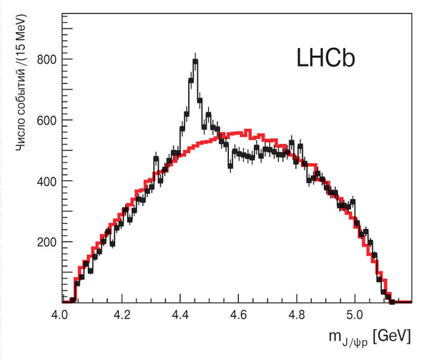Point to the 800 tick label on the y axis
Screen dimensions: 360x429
tap(46, 59)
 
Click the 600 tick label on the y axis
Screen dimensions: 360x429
tap(46, 120)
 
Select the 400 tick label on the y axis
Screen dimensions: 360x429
tap(46, 180)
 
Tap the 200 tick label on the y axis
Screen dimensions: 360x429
tap(46, 241)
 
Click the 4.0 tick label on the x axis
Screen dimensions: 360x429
tap(60, 315)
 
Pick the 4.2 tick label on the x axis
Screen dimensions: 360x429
tap(122, 315)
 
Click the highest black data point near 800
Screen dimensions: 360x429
tap(194, 62)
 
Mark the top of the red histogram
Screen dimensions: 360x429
tap(247, 131)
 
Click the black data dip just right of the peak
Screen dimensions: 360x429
tap(230, 164)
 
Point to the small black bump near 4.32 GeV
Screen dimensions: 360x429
tap(156, 158)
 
